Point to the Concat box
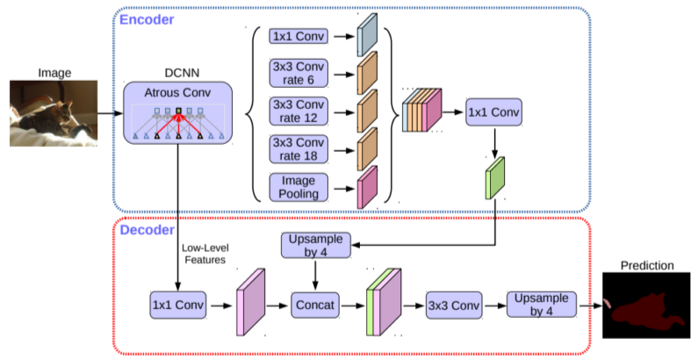(x=315, y=305)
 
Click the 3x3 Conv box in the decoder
(x=455, y=305)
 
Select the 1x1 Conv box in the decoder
(x=178, y=305)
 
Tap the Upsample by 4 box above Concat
(x=315, y=245)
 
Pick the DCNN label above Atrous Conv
(x=176, y=71)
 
